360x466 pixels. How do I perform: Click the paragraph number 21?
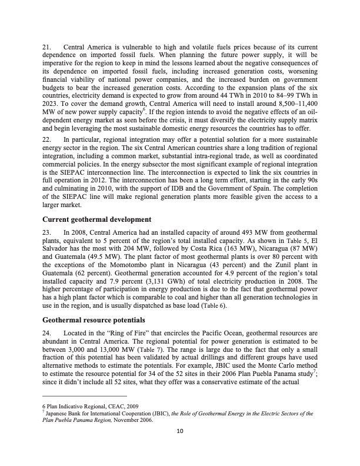46,46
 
